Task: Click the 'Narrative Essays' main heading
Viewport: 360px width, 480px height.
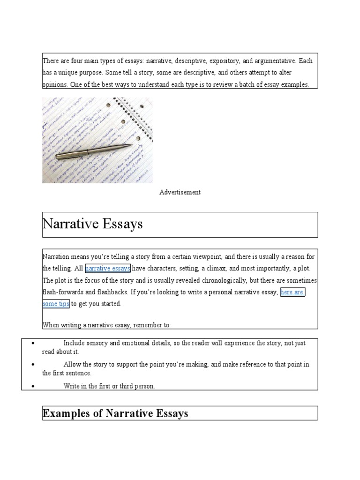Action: coord(92,224)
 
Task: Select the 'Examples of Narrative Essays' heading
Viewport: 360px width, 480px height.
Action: coord(115,413)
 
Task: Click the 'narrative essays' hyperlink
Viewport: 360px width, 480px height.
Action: coord(108,269)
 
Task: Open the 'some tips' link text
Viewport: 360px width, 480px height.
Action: coord(56,304)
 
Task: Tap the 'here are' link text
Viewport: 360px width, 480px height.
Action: coord(292,292)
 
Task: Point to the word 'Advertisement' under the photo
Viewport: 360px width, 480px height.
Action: coord(180,192)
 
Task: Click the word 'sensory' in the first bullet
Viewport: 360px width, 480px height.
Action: coord(98,343)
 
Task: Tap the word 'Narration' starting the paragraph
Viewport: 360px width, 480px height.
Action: coord(56,257)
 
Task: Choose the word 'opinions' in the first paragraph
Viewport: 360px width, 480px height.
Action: coord(54,85)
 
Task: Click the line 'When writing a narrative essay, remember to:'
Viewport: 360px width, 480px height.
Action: coord(107,324)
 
